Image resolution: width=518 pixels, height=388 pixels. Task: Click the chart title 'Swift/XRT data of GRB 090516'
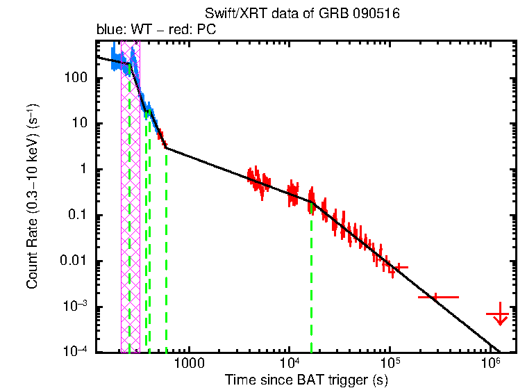pyautogui.click(x=302, y=15)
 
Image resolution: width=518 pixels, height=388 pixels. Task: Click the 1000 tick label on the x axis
pyautogui.click(x=187, y=364)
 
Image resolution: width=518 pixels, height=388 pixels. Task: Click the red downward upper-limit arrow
pyautogui.click(x=499, y=317)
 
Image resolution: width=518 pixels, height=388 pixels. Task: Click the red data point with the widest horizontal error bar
pyautogui.click(x=437, y=297)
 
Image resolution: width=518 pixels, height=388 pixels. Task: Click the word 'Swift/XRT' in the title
pyautogui.click(x=228, y=15)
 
